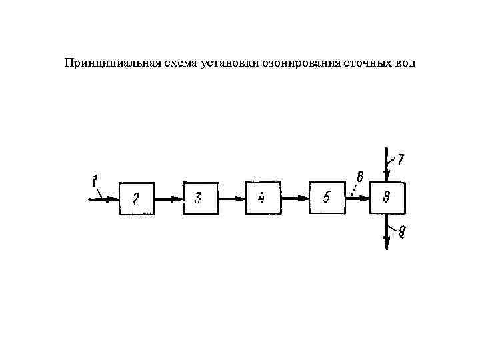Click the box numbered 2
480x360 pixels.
coord(136,198)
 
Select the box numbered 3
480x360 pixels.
coord(199,197)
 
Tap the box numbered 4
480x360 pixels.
coord(263,197)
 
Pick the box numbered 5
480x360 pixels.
coord(327,197)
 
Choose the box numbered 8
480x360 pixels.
coord(387,197)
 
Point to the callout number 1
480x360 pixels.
coord(95,179)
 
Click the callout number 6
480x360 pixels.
coord(359,177)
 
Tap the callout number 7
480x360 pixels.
coord(401,159)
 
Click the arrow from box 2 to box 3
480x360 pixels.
coord(168,198)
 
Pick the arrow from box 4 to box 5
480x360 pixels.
coord(294,197)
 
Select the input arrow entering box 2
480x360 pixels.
coord(103,198)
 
